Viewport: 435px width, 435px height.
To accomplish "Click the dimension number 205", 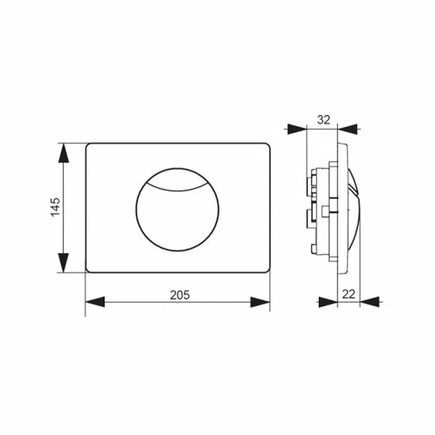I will point(178,294).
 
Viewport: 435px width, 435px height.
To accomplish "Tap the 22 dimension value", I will point(349,294).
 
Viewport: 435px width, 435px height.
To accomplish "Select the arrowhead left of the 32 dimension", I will point(297,129).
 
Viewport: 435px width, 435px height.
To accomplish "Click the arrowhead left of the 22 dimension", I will point(328,302).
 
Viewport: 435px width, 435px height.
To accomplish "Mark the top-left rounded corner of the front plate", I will point(89,146).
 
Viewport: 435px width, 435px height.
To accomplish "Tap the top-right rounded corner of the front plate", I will point(267,146).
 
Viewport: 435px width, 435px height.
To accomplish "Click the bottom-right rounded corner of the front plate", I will point(267,270).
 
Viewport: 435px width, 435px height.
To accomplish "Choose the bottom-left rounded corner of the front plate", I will point(89,270).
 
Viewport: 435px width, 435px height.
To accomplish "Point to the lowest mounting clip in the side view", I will point(315,249).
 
